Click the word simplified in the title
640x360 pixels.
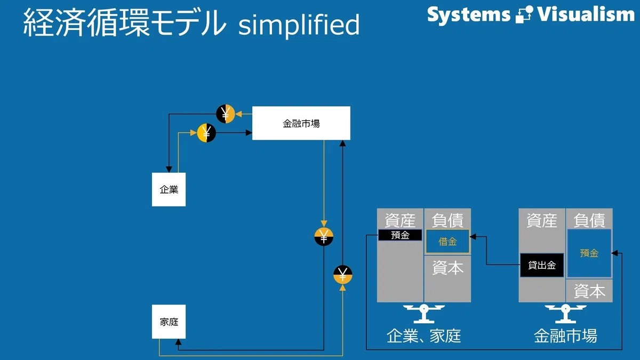(299, 25)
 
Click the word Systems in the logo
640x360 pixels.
(469, 15)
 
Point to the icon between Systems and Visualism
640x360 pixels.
(524, 14)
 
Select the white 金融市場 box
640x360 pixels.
(301, 123)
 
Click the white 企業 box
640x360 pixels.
(169, 189)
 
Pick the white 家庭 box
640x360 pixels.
(169, 322)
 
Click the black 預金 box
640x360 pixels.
(400, 235)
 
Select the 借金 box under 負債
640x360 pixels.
(447, 242)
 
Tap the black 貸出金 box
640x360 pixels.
(542, 265)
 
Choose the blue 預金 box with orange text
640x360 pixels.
(589, 253)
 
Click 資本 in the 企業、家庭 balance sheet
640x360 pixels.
(447, 268)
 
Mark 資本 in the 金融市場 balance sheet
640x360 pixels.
(589, 291)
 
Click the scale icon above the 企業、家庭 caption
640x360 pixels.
(423, 314)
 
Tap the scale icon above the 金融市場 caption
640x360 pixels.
(565, 314)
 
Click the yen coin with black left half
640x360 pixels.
(226, 114)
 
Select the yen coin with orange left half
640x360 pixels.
(206, 133)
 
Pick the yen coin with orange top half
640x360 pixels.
(324, 237)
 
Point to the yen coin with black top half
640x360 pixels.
(342, 275)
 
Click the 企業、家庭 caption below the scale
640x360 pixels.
(423, 336)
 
